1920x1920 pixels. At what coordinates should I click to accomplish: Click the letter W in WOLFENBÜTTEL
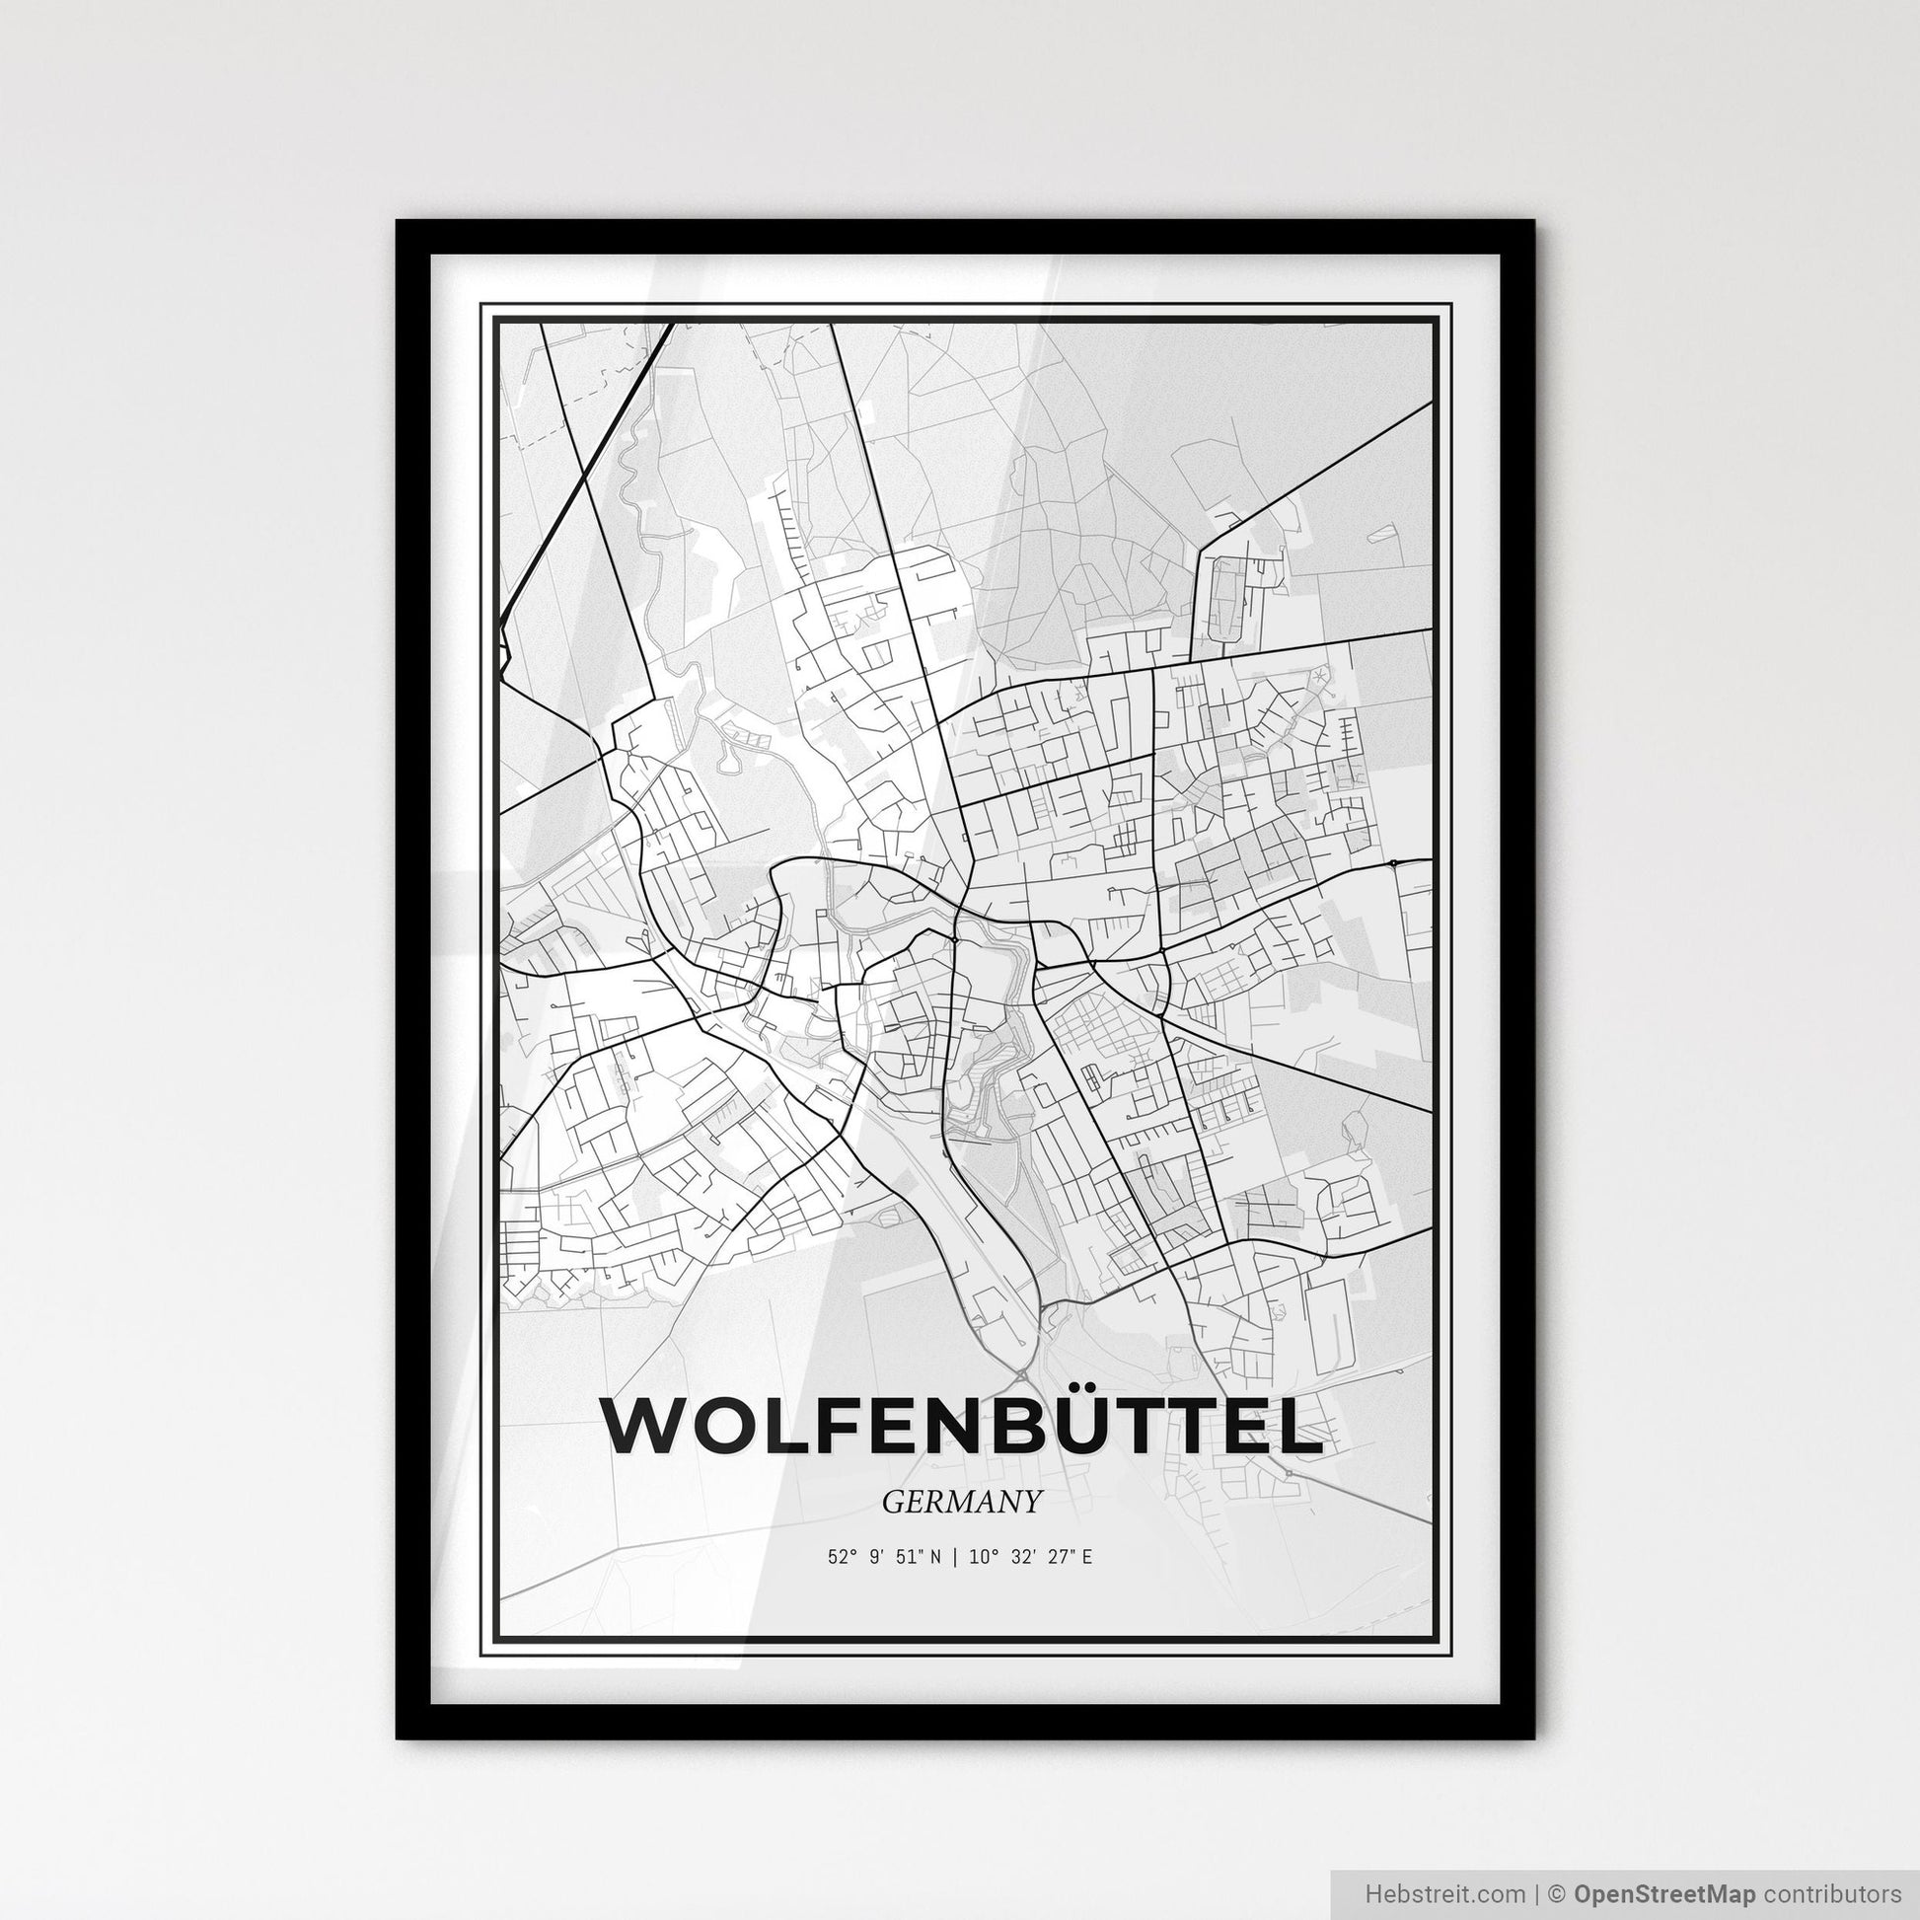[645, 1428]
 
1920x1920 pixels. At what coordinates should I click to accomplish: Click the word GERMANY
[961, 1503]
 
